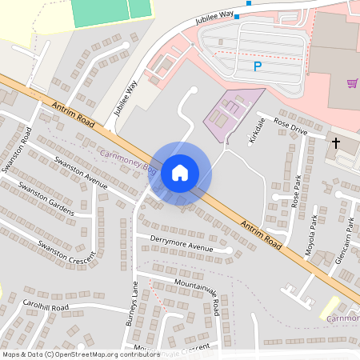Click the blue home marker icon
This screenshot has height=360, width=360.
click(x=180, y=173)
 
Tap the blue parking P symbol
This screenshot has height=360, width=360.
click(x=257, y=67)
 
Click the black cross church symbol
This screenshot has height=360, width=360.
click(x=336, y=142)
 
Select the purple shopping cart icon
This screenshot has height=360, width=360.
click(x=352, y=83)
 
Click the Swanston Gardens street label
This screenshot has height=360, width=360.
click(x=46, y=200)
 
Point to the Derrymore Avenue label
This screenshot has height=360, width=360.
click(x=175, y=243)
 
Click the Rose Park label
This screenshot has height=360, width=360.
click(x=296, y=191)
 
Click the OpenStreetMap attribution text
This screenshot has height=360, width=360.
click(x=80, y=354)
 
